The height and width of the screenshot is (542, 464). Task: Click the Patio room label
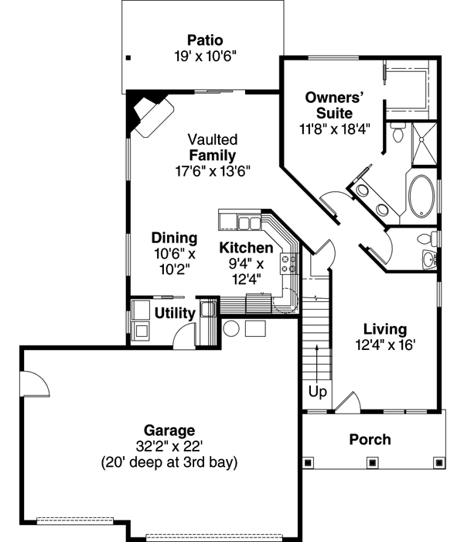(x=204, y=40)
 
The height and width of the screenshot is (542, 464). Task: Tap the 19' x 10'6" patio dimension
(x=204, y=56)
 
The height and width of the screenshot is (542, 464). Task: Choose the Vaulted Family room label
(x=212, y=148)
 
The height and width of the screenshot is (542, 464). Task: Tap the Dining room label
(x=174, y=238)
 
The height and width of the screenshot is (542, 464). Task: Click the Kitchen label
(x=246, y=249)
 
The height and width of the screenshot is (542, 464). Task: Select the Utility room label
(x=173, y=314)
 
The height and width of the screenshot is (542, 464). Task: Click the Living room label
(x=384, y=330)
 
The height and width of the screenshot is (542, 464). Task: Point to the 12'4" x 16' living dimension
(x=384, y=345)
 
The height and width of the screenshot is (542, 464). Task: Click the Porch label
(x=370, y=440)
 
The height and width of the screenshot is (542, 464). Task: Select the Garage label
(x=169, y=431)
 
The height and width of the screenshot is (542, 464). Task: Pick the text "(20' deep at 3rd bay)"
(x=169, y=462)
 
